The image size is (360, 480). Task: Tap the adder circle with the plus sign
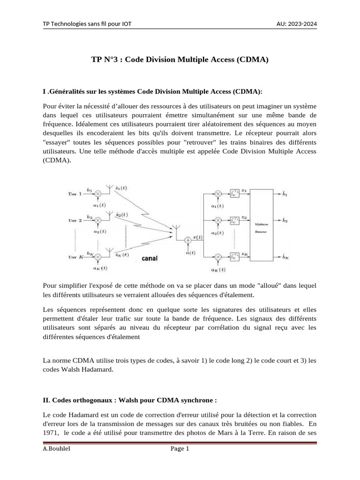188,240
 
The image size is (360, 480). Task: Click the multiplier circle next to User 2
97,220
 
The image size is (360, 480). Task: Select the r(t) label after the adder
198,237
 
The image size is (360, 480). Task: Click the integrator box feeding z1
234,193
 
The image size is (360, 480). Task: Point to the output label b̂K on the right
285,257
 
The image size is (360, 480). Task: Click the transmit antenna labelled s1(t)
109,189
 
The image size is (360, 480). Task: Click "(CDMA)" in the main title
252,60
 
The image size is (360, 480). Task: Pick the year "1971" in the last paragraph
51,433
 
